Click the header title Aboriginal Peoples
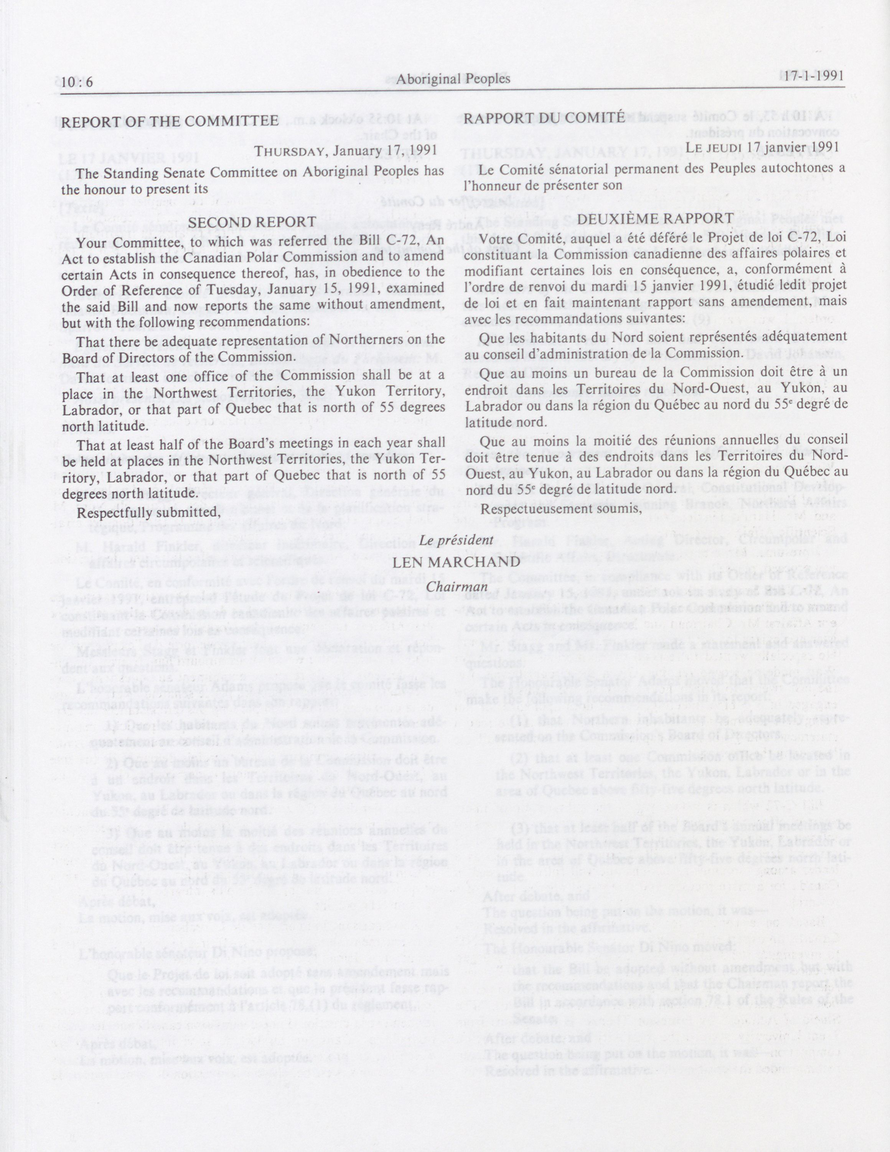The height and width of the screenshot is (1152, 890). (x=453, y=79)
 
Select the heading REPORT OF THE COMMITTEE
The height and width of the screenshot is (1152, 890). (x=170, y=121)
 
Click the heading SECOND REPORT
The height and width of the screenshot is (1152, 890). (x=252, y=222)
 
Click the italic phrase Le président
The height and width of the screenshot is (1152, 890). (x=456, y=540)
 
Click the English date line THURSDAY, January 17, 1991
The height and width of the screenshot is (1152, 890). (x=346, y=151)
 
